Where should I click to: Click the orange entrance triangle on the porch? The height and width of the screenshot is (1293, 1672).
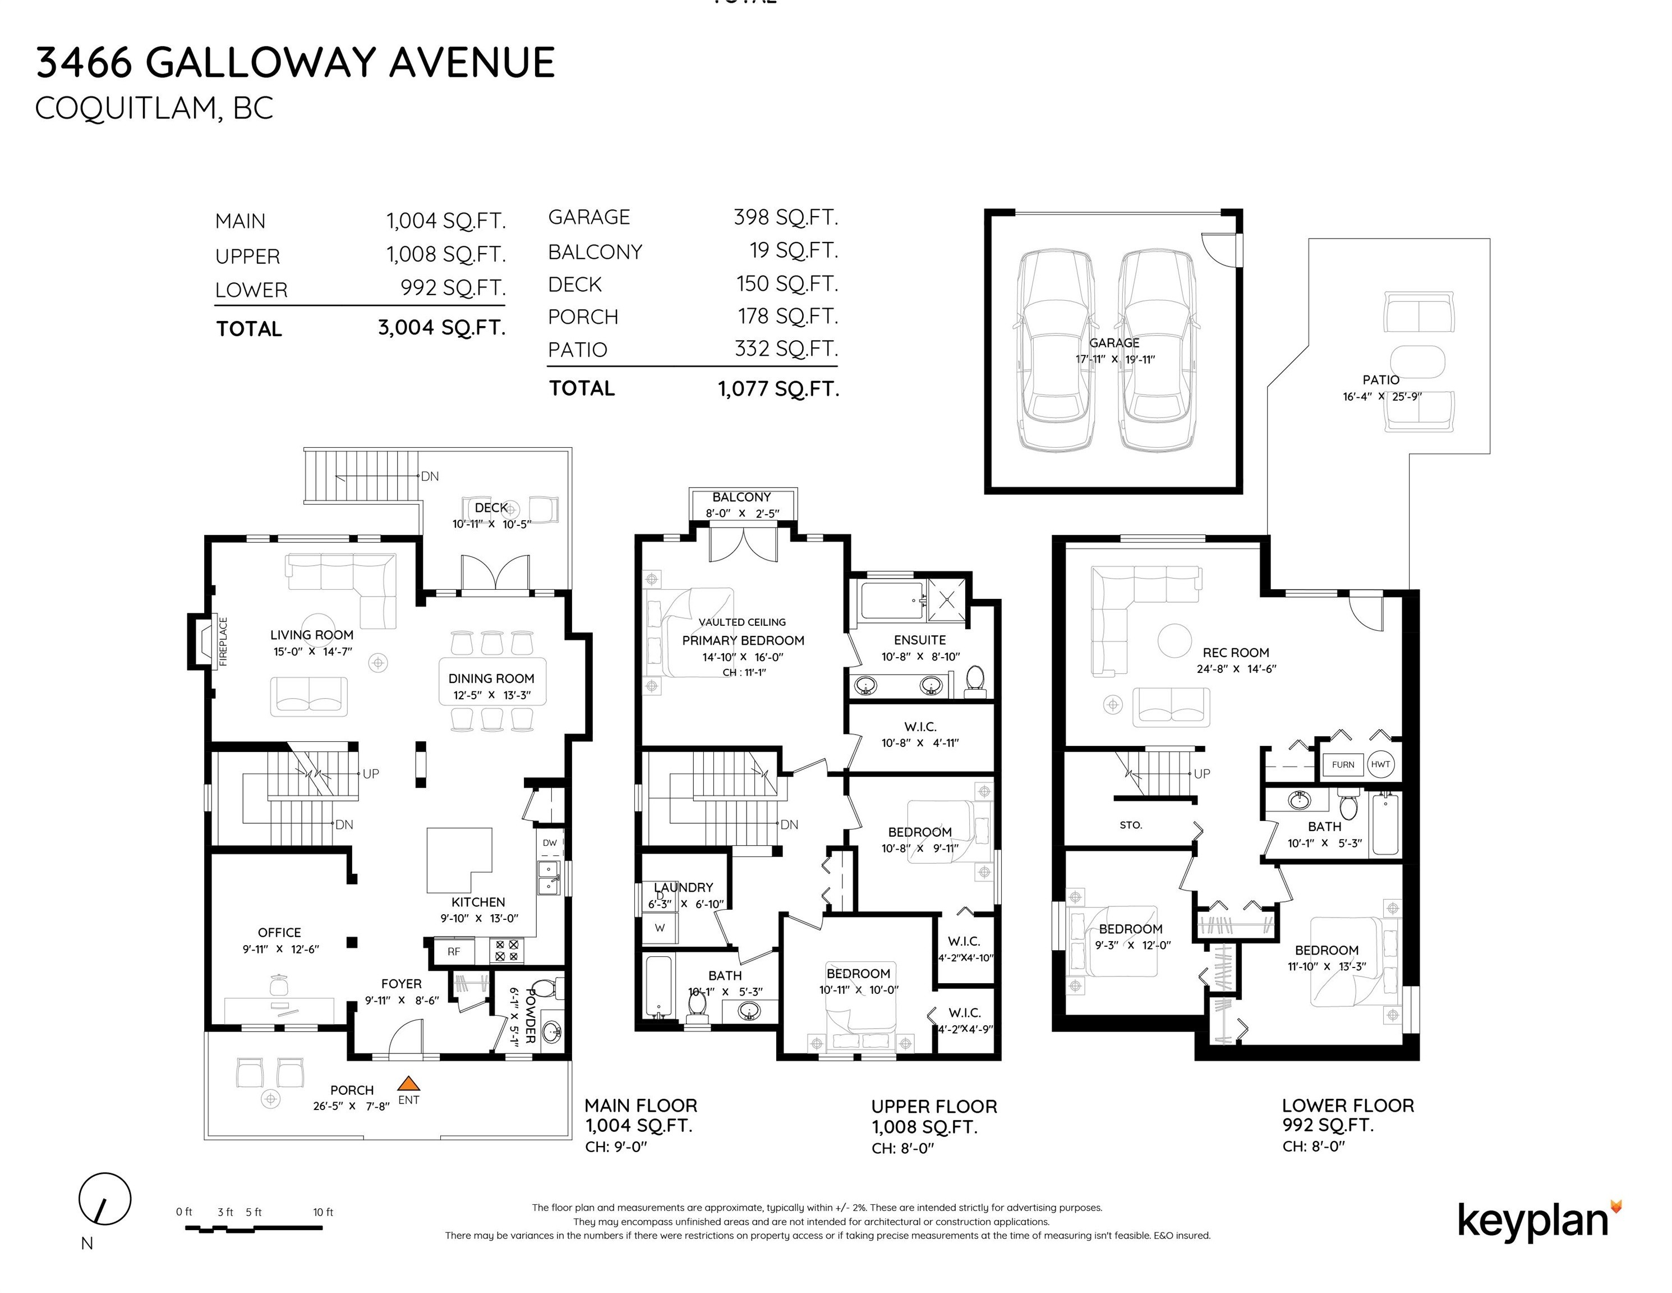click(x=409, y=1083)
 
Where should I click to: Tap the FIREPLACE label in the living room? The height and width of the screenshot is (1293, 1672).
click(x=224, y=642)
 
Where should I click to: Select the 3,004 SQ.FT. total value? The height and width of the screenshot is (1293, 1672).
click(x=442, y=328)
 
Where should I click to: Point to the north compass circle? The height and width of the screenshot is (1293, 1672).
click(x=105, y=1199)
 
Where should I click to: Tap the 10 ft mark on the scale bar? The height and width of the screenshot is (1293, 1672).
click(x=323, y=1212)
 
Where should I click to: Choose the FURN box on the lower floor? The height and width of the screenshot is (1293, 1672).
click(x=1343, y=764)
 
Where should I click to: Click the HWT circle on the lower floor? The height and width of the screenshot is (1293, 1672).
click(x=1380, y=764)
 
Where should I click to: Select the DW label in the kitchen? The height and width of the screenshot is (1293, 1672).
click(x=550, y=842)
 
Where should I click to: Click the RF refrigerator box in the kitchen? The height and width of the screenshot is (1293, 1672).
click(x=454, y=951)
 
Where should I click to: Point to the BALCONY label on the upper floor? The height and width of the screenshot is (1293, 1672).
click(x=742, y=497)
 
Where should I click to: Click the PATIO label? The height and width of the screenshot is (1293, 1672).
click(x=1381, y=380)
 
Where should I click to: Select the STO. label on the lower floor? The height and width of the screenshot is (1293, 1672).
click(x=1131, y=825)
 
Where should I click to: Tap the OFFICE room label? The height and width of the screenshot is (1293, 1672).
click(x=279, y=932)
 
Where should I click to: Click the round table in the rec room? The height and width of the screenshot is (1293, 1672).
click(x=1174, y=640)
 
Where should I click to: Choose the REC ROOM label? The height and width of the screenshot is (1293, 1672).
click(x=1236, y=653)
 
